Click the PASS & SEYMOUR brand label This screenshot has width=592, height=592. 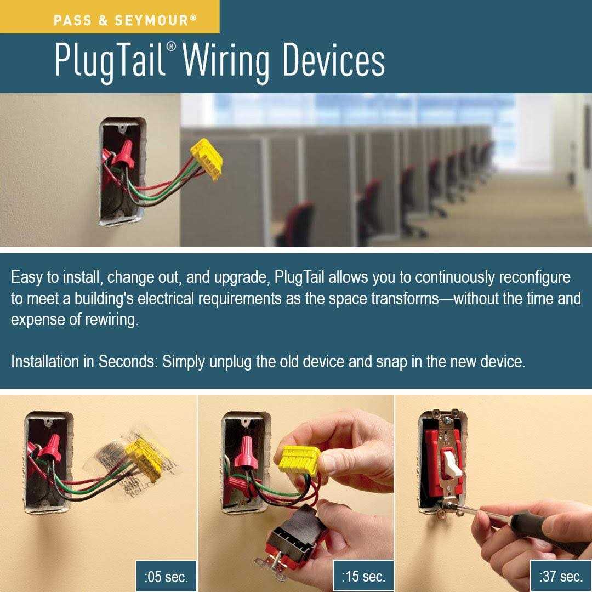(125, 20)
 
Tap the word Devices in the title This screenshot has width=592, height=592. (334, 59)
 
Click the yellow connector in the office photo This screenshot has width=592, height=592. (207, 159)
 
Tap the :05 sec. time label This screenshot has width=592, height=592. (166, 577)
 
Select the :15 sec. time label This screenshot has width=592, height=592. (363, 576)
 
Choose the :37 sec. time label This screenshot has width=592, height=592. (561, 576)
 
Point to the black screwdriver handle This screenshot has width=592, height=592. (548, 528)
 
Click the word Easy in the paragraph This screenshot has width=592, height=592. (26, 277)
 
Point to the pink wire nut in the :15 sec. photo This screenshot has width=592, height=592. (247, 452)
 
